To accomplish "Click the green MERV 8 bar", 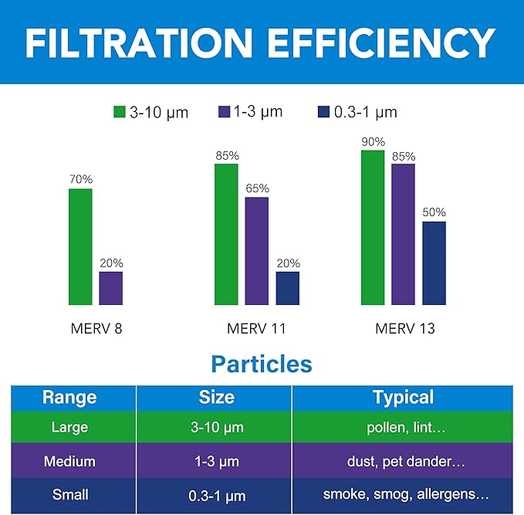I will click(80, 246).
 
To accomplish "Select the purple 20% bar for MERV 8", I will click(111, 288).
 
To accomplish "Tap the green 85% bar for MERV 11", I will click(226, 234).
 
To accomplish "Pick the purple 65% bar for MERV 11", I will click(257, 251).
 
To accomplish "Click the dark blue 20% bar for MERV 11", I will click(288, 288).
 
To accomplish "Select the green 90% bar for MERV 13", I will click(373, 227).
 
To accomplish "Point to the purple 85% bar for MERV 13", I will click(403, 234).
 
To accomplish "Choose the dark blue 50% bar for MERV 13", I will click(434, 263).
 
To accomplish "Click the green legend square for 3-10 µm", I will click(119, 112).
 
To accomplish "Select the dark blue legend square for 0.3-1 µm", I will click(324, 112).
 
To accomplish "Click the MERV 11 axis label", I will click(256, 329).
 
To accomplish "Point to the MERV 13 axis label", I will click(405, 329).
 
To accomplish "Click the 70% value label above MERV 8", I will click(80, 179).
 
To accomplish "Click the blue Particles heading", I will click(262, 364).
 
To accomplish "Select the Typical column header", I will click(403, 398).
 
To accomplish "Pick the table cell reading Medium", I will click(69, 462).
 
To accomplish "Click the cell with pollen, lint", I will click(403, 428).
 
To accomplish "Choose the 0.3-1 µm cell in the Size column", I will click(216, 495).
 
